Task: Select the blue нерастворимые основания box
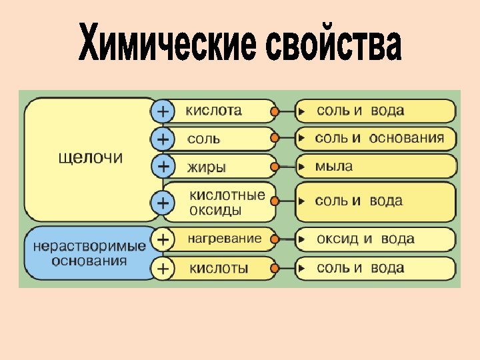pyautogui.click(x=89, y=253)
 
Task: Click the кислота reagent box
pyautogui.click(x=220, y=110)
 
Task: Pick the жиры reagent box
pyautogui.click(x=220, y=166)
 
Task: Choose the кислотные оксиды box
pyautogui.click(x=220, y=202)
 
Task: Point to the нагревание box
pyautogui.click(x=220, y=239)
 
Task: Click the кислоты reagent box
pyautogui.click(x=220, y=268)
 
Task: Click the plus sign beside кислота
pyautogui.click(x=162, y=110)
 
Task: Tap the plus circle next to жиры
pyautogui.click(x=162, y=165)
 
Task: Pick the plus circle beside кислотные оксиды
pyautogui.click(x=162, y=202)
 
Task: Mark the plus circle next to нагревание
pyautogui.click(x=162, y=238)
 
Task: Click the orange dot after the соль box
pyautogui.click(x=274, y=138)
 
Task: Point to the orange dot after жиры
pyautogui.click(x=274, y=166)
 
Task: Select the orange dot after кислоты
pyautogui.click(x=274, y=268)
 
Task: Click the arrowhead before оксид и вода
pyautogui.click(x=302, y=239)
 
